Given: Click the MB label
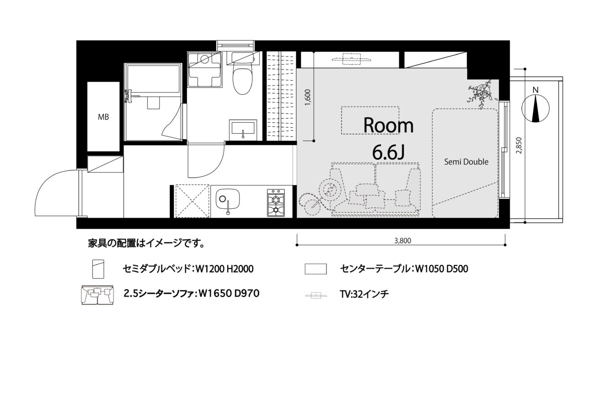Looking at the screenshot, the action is (103, 117).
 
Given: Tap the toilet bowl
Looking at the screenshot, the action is (243, 81).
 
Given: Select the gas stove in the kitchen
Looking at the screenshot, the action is (276, 203).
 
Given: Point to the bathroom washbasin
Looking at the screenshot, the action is (243, 130).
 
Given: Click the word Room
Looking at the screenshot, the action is (388, 125).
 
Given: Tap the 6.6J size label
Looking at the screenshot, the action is (389, 152).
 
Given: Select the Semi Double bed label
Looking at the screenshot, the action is (466, 162).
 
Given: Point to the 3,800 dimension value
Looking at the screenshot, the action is (403, 240).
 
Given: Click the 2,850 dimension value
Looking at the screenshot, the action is (519, 146).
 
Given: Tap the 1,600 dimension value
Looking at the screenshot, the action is (308, 97).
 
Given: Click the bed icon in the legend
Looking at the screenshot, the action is (98, 269).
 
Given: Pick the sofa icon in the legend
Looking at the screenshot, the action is (98, 294).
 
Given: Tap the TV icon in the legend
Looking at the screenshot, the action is (315, 295).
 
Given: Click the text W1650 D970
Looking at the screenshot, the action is (229, 293).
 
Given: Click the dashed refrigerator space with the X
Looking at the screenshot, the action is (192, 201).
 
